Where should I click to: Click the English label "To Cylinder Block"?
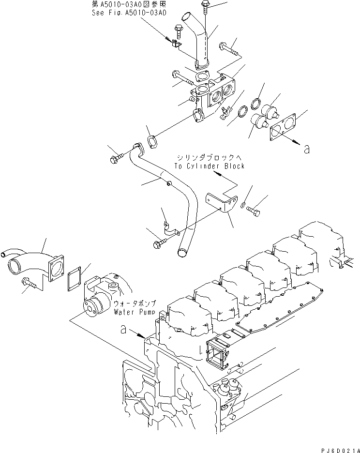[210, 166]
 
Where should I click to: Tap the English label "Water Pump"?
[134, 312]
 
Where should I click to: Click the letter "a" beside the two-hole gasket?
[306, 150]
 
